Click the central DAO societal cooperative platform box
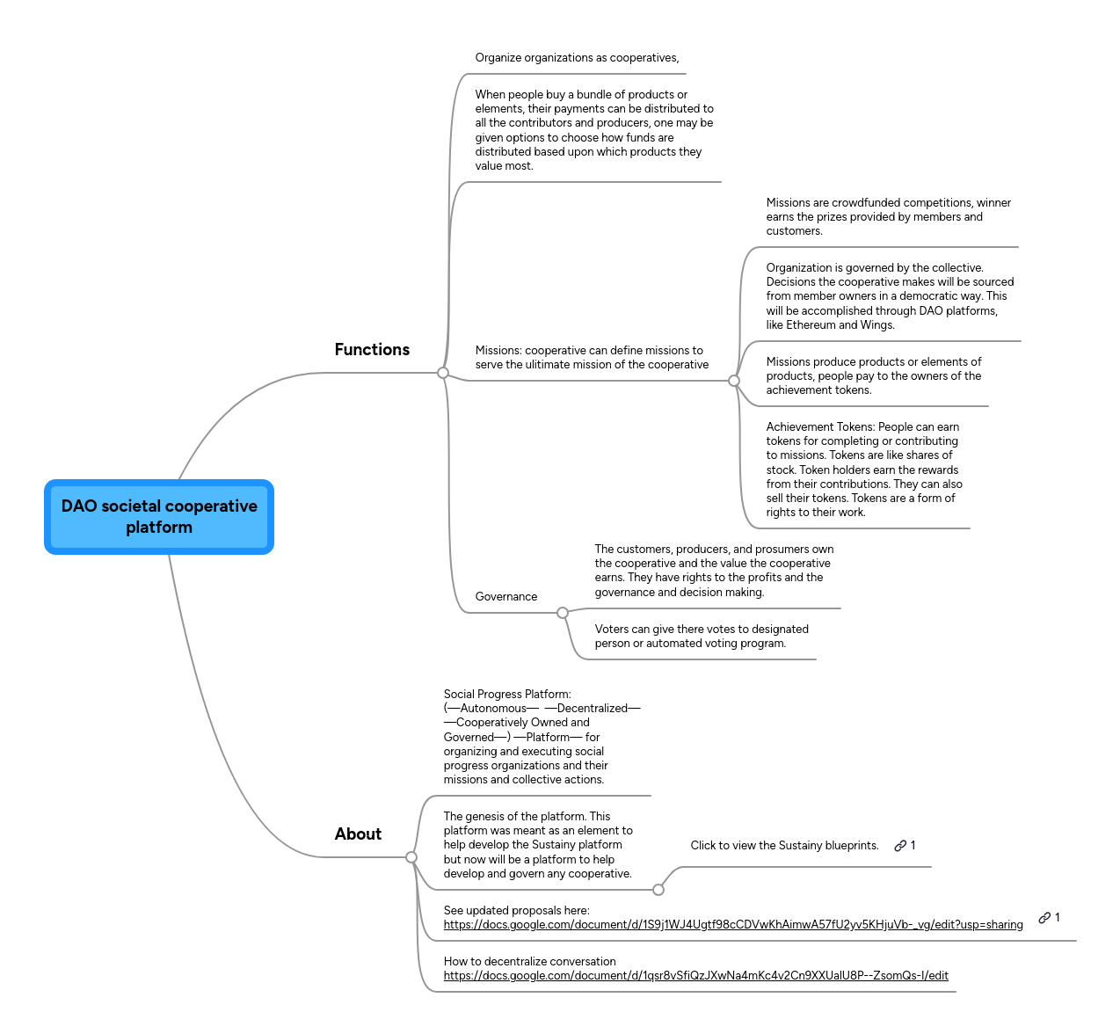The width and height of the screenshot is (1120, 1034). click(x=159, y=517)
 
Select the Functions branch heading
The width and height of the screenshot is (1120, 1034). click(x=372, y=350)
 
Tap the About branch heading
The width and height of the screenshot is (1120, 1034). click(x=358, y=834)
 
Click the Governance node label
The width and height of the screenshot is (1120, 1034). click(x=505, y=597)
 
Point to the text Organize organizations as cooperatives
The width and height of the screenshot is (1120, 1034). click(x=577, y=58)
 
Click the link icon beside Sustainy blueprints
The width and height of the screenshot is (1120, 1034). click(x=900, y=846)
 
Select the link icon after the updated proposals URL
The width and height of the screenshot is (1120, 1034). click(x=1044, y=918)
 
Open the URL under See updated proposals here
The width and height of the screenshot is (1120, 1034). click(x=732, y=925)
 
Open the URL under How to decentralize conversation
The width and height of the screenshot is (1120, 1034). click(x=695, y=976)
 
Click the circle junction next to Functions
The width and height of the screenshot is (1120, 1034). click(x=443, y=373)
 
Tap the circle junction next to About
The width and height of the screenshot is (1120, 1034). click(x=411, y=857)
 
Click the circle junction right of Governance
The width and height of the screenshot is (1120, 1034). click(x=563, y=613)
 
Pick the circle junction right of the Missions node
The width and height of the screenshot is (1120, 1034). click(x=734, y=381)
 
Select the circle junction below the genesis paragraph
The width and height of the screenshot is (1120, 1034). click(x=658, y=890)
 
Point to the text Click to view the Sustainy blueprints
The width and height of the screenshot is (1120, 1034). click(x=784, y=846)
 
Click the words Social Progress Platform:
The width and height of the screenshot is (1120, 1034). click(x=507, y=695)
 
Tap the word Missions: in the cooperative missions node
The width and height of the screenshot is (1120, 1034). click(x=498, y=351)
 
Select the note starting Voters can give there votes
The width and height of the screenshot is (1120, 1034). click(x=701, y=637)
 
